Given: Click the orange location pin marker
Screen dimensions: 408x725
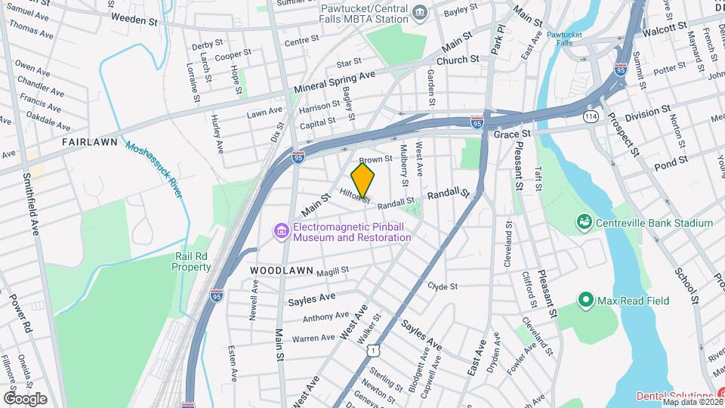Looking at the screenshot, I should click(363, 181).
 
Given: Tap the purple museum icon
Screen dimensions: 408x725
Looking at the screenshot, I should click(281, 230).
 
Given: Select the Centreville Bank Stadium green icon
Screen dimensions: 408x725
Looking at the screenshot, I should click(583, 222).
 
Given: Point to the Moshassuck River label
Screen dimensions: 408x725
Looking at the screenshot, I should click(154, 170).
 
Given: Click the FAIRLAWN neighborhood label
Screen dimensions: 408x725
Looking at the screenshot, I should click(89, 141).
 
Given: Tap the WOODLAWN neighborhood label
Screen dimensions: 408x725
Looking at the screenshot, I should click(278, 270).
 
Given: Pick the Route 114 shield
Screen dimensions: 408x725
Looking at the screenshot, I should click(591, 117).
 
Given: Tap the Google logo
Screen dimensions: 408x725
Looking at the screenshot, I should click(25, 399).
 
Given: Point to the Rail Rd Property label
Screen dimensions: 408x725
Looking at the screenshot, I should click(191, 261).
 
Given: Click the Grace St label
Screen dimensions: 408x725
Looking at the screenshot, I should click(513, 133).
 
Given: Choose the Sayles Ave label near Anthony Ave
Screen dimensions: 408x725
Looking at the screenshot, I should click(311, 299).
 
